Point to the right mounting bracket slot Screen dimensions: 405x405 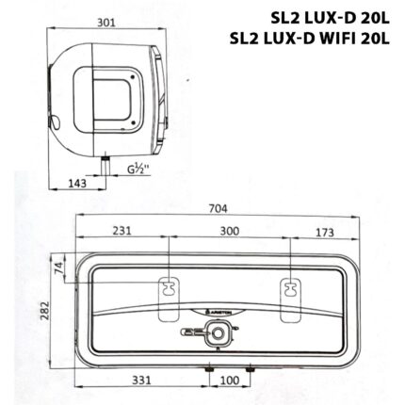290,289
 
